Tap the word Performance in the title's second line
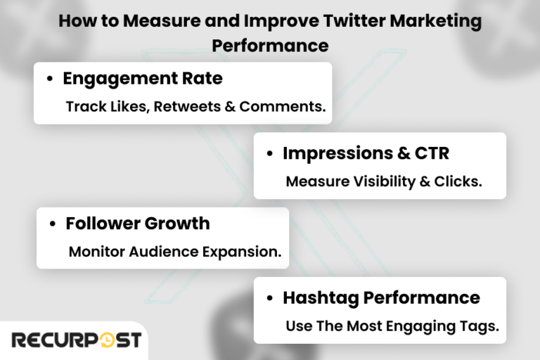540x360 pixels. point(270,45)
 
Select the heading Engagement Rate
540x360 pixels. point(143,79)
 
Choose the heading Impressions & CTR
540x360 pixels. point(366,153)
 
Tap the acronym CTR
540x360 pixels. point(430,153)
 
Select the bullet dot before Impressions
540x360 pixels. point(270,154)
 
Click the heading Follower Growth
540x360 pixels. point(138,224)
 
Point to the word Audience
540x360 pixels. point(160,252)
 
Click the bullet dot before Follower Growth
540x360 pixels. point(53,224)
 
